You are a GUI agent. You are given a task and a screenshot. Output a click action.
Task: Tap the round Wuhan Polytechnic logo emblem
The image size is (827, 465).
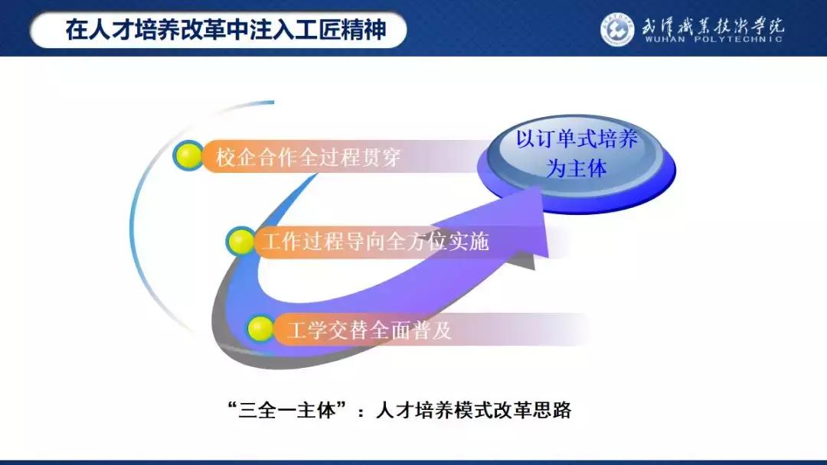click(x=617, y=29)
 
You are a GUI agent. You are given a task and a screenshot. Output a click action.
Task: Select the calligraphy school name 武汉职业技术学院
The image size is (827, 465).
click(x=712, y=24)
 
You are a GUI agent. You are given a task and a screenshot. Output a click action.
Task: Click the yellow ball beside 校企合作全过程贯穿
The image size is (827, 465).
click(x=188, y=156)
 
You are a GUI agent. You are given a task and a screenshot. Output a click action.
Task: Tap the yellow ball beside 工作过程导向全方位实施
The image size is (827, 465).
click(x=242, y=242)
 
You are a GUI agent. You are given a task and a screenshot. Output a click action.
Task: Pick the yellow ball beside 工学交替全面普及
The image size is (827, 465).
click(x=260, y=329)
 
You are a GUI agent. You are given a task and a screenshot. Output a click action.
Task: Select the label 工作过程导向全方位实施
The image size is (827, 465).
click(x=374, y=242)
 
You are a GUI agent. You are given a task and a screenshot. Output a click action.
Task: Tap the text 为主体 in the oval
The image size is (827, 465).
click(x=576, y=168)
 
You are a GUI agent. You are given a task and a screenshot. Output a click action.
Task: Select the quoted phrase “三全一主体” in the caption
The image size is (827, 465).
click(x=283, y=411)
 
